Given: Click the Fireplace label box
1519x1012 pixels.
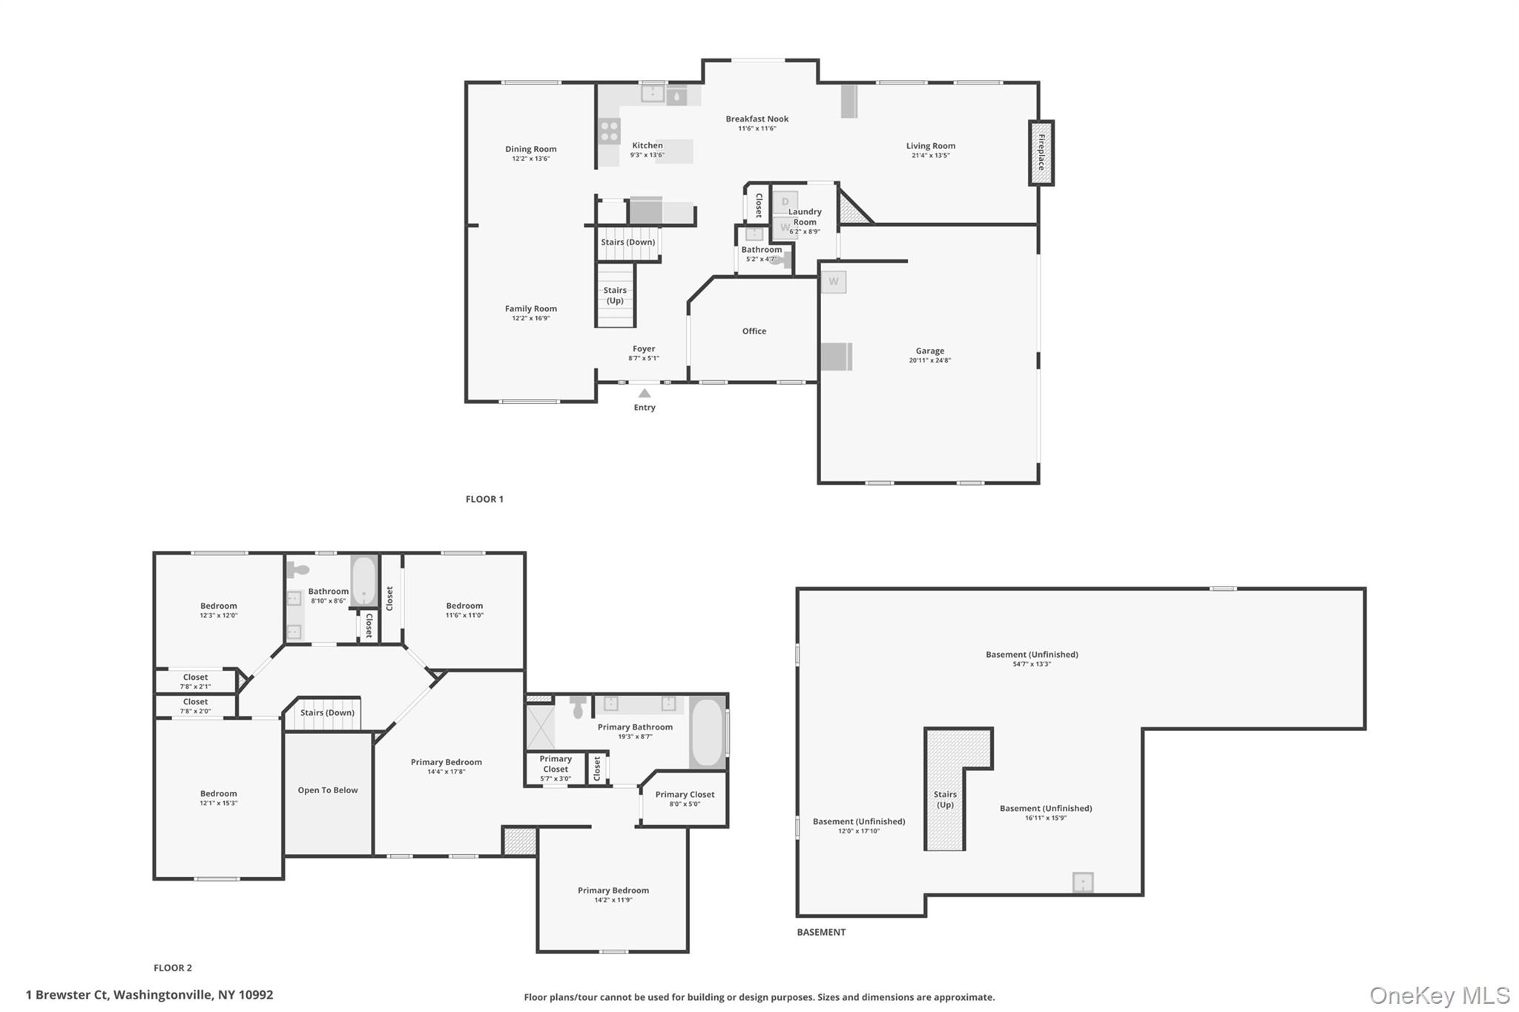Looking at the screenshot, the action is click(1041, 153).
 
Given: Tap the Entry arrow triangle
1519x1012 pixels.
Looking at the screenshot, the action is click(645, 394).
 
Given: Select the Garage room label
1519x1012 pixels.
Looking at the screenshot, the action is click(930, 355).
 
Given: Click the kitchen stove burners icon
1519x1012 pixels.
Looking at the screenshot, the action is click(610, 131).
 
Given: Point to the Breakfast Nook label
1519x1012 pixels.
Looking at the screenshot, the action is click(757, 123).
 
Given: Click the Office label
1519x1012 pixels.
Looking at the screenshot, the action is click(754, 331).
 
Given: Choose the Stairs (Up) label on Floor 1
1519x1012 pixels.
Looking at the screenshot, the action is click(615, 295).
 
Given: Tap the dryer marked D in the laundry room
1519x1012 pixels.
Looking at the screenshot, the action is click(785, 202).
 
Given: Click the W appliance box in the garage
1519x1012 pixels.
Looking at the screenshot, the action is click(834, 282).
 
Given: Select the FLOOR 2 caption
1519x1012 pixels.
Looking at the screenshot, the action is click(173, 968).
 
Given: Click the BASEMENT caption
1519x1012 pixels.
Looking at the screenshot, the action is click(821, 932).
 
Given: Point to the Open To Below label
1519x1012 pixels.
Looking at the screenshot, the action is click(328, 790).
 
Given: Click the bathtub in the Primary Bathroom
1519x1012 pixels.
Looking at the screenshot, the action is click(708, 732).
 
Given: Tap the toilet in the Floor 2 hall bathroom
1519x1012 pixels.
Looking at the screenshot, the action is click(297, 569).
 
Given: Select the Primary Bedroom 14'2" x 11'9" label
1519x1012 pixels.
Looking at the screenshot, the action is click(613, 895).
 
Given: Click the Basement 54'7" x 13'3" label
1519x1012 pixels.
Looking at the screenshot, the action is click(1032, 659).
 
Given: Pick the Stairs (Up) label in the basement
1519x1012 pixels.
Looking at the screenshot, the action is click(945, 799).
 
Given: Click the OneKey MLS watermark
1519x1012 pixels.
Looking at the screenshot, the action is click(1440, 995).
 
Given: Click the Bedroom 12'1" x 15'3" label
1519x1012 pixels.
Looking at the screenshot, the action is click(218, 798).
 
